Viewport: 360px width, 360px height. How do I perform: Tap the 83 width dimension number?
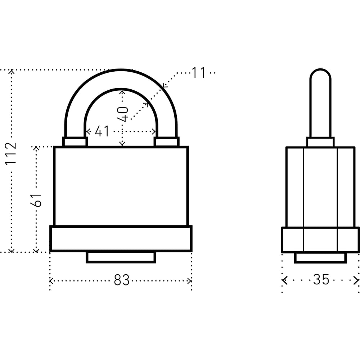(x=122, y=280)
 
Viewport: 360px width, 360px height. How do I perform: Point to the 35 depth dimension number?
(x=321, y=279)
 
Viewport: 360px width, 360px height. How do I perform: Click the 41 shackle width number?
(x=102, y=131)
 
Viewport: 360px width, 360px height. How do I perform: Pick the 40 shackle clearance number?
(x=123, y=114)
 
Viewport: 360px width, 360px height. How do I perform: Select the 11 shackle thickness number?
(x=198, y=73)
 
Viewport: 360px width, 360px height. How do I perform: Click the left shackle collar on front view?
(x=75, y=141)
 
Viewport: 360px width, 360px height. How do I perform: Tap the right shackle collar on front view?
(x=166, y=141)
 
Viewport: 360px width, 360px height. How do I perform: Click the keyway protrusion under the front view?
(x=121, y=257)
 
